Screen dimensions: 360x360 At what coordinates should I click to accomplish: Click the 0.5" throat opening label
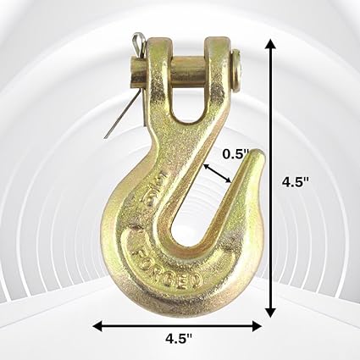[x=235, y=155]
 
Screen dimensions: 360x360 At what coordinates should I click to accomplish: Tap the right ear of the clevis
[x=221, y=76]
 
